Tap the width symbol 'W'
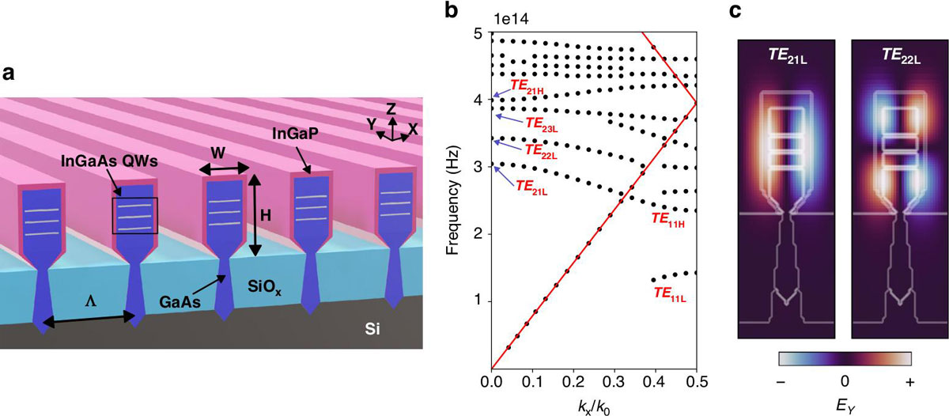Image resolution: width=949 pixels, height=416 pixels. (223, 151)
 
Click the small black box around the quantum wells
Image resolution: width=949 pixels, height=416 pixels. (134, 216)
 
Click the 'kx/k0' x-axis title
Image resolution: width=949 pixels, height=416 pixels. (593, 406)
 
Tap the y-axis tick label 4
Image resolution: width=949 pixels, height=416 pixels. (476, 100)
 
